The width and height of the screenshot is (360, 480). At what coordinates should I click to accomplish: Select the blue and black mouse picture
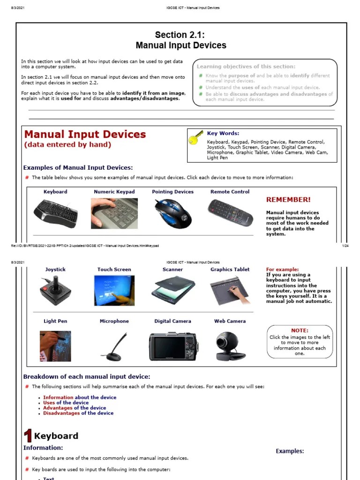[x=173, y=213]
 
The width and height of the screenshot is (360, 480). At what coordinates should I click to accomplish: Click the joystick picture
[x=55, y=291]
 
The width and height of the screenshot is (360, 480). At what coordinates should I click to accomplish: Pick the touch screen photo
[x=114, y=291]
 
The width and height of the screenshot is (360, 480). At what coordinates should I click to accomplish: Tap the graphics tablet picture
[x=230, y=291]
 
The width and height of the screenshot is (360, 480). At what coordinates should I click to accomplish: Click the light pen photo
[x=55, y=346]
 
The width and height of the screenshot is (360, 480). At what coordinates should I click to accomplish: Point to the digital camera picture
[x=172, y=347]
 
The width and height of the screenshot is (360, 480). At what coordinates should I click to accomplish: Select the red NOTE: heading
[x=300, y=330]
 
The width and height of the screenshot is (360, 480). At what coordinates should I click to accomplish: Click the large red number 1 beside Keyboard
[x=28, y=436]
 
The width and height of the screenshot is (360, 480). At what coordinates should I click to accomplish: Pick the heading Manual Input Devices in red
[x=85, y=135]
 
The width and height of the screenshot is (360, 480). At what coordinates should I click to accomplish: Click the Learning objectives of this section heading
[x=246, y=67]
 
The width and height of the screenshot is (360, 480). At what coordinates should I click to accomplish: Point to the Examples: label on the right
[x=290, y=451]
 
